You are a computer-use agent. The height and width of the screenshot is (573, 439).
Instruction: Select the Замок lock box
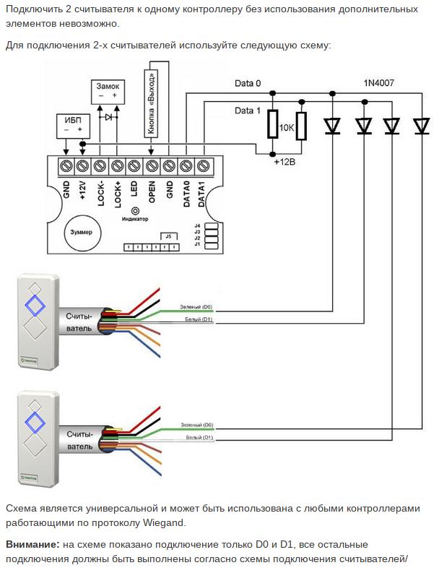coord(108,90)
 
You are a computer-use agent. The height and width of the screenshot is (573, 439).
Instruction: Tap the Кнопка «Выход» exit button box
coord(152,102)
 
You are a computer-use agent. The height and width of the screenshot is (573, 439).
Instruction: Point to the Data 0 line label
coord(248,83)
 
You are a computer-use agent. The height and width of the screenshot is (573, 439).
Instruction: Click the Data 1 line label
coord(248,111)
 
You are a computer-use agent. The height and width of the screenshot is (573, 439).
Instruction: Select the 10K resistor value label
coord(287,128)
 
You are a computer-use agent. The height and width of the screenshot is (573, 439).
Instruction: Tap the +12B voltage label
coord(285,162)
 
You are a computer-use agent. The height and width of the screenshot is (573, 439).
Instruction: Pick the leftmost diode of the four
coord(333,126)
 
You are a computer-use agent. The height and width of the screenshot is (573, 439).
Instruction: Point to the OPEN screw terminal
coord(151,166)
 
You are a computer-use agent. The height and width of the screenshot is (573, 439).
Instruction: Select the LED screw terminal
coord(134,166)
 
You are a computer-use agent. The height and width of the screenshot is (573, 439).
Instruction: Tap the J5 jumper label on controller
coord(169,236)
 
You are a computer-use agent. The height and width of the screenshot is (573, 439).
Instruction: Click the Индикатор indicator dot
coord(134,210)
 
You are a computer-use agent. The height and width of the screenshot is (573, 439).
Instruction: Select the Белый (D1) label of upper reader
coord(196,319)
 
